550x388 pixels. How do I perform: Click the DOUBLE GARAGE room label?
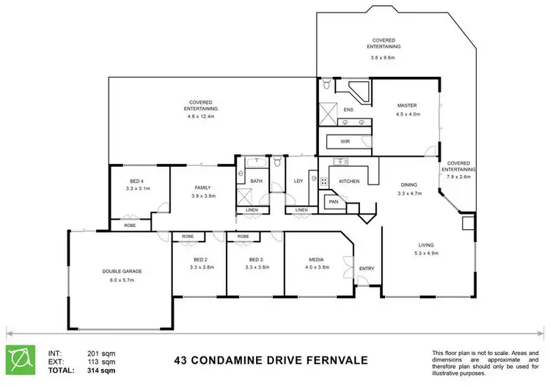[x=122, y=271]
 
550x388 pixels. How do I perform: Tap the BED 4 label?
[x=137, y=181]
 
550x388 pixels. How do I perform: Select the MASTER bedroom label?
[x=408, y=105]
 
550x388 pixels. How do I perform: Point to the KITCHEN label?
[x=349, y=181]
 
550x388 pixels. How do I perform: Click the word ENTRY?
[x=367, y=269]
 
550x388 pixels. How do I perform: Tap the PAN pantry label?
[x=333, y=201]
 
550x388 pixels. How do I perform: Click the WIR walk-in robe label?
[x=345, y=141]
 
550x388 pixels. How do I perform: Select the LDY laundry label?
[x=298, y=181]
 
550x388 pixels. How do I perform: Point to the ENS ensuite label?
[x=348, y=111]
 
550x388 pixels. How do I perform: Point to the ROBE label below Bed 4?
[x=130, y=225]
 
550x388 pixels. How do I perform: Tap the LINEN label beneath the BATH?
[x=252, y=210]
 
